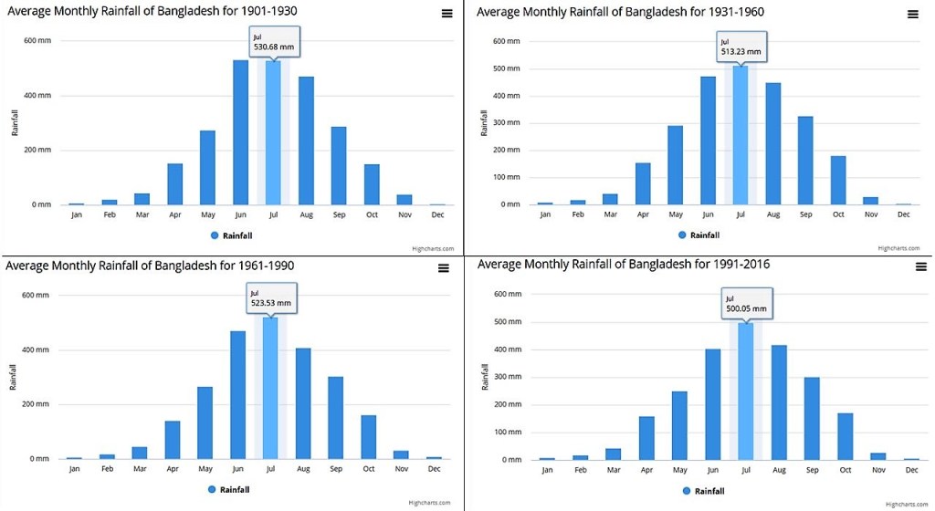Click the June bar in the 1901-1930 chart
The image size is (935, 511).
(240, 132)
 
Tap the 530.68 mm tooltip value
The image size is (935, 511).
(274, 47)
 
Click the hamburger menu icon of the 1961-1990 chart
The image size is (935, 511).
(444, 268)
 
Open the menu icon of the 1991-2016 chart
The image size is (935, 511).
(920, 266)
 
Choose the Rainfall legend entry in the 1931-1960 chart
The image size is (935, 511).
(704, 235)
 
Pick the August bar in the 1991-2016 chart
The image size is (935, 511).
(778, 402)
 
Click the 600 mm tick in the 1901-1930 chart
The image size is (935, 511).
(37, 41)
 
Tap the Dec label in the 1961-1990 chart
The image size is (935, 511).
(435, 469)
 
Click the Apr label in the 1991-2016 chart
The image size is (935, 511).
(646, 470)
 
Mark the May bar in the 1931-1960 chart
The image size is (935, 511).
(675, 165)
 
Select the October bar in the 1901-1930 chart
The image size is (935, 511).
(372, 184)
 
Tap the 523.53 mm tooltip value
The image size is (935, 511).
(271, 303)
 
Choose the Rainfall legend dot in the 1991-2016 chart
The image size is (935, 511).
(687, 491)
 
